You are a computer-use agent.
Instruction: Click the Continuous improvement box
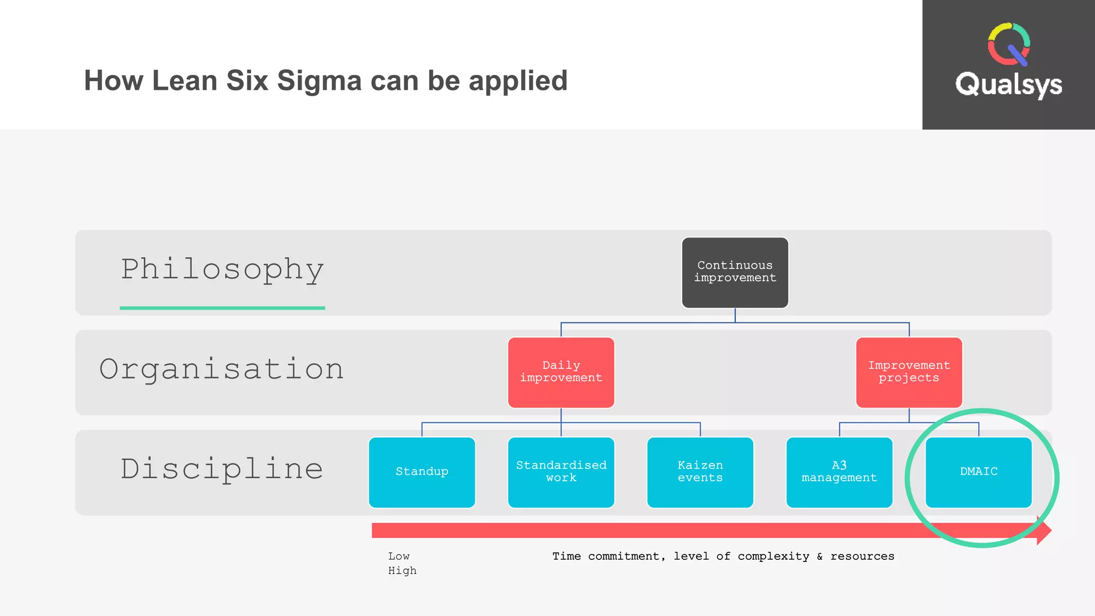(735, 272)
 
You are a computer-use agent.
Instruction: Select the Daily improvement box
(561, 372)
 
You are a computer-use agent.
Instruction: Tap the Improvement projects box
(908, 372)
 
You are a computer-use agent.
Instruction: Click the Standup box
(422, 472)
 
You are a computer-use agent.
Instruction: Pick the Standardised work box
(561, 472)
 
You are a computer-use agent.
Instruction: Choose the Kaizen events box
(700, 472)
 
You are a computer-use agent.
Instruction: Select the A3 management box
(839, 472)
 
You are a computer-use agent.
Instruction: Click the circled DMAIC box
(978, 472)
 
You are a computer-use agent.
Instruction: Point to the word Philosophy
(222, 269)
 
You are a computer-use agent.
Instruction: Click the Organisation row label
(221, 369)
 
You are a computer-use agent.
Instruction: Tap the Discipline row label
(222, 469)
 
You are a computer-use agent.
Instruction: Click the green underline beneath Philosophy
(222, 308)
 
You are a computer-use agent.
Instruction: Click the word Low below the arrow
(399, 556)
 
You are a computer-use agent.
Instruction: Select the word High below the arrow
(402, 571)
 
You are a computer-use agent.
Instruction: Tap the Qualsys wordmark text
(1008, 84)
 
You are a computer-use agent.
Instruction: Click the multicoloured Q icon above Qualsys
(1008, 44)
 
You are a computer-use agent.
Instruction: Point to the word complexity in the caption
(773, 556)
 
